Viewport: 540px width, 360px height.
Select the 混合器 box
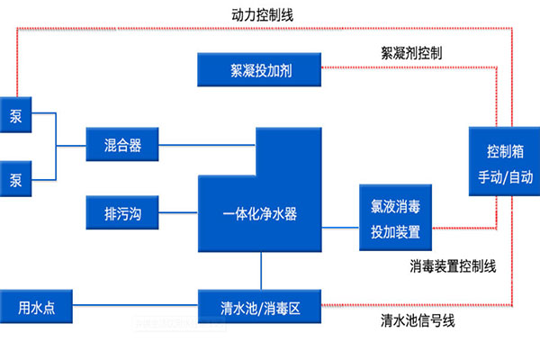click(x=121, y=142)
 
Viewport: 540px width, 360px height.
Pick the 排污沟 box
click(x=121, y=214)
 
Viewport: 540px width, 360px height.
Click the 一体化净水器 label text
click(x=260, y=214)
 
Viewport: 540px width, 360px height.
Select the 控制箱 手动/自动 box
click(x=505, y=162)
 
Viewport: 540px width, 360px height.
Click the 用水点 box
click(x=36, y=307)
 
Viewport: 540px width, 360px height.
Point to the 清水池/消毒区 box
click(x=260, y=307)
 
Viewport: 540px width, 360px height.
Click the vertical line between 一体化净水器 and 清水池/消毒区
click(x=261, y=270)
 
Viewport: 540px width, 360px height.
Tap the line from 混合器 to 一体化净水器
click(x=207, y=142)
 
